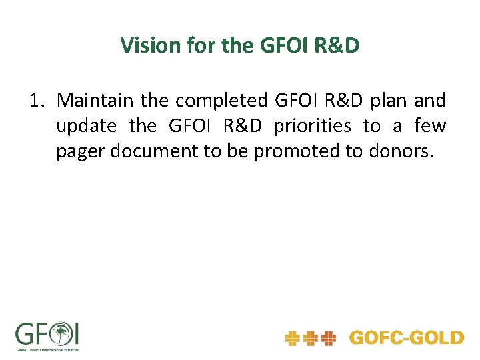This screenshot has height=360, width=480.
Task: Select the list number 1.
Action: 36,101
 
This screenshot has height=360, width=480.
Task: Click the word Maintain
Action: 97,101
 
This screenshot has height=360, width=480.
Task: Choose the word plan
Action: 388,101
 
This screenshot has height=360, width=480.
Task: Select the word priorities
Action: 313,126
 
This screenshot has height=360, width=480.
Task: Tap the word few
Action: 430,126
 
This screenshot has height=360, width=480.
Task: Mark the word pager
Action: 81,151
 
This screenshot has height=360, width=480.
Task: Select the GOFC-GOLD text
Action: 406,338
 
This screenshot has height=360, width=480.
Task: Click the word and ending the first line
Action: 430,101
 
